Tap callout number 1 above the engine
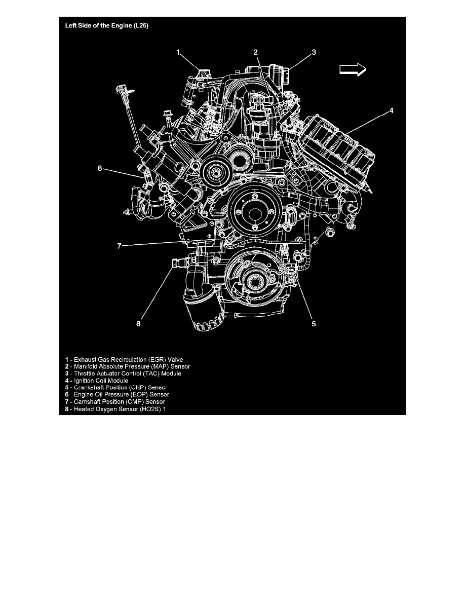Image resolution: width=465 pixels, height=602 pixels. click(178, 52)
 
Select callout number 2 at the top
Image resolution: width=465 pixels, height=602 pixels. click(256, 52)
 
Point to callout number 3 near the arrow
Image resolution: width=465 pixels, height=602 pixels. click(314, 52)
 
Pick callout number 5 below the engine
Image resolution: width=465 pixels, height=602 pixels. click(314, 324)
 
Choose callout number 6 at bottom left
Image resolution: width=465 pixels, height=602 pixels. click(139, 324)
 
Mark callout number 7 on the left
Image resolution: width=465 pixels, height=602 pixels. click(120, 246)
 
